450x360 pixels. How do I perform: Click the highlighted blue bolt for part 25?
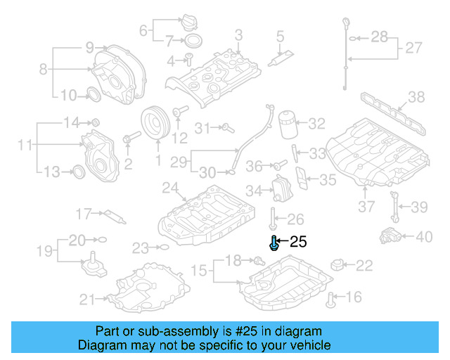(x=274, y=243)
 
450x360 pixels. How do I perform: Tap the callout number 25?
(x=298, y=243)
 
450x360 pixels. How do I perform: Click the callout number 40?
(x=424, y=237)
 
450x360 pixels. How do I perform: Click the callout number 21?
(x=87, y=300)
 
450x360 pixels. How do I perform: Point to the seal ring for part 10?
(x=92, y=95)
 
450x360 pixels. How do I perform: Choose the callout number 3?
(x=238, y=35)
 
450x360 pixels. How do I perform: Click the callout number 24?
(x=170, y=188)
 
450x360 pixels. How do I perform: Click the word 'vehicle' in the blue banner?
(x=310, y=345)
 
